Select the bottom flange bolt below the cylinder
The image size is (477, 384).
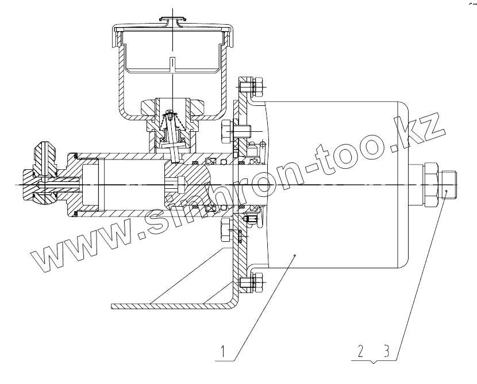[251, 283]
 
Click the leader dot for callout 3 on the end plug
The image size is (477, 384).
[445, 190]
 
